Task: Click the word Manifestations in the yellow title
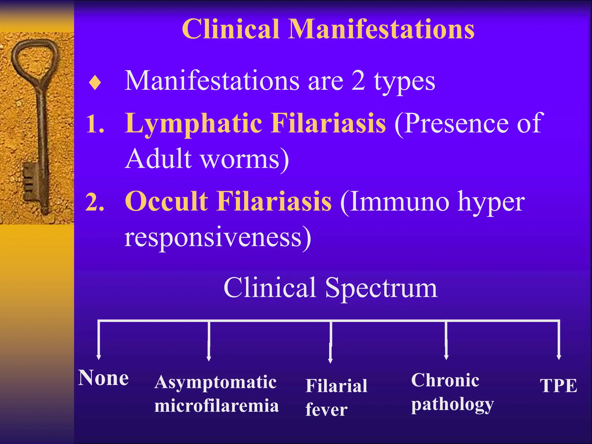(382, 29)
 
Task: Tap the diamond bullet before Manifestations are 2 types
(95, 83)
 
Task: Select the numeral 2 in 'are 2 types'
(358, 81)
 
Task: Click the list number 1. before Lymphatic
(95, 124)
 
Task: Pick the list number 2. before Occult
(95, 202)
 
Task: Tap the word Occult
(166, 201)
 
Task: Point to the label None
(103, 378)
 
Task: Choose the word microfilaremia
(217, 406)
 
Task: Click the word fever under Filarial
(326, 410)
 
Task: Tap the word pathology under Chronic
(452, 405)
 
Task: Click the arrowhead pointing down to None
(99, 357)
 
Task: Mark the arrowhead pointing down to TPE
(559, 357)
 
